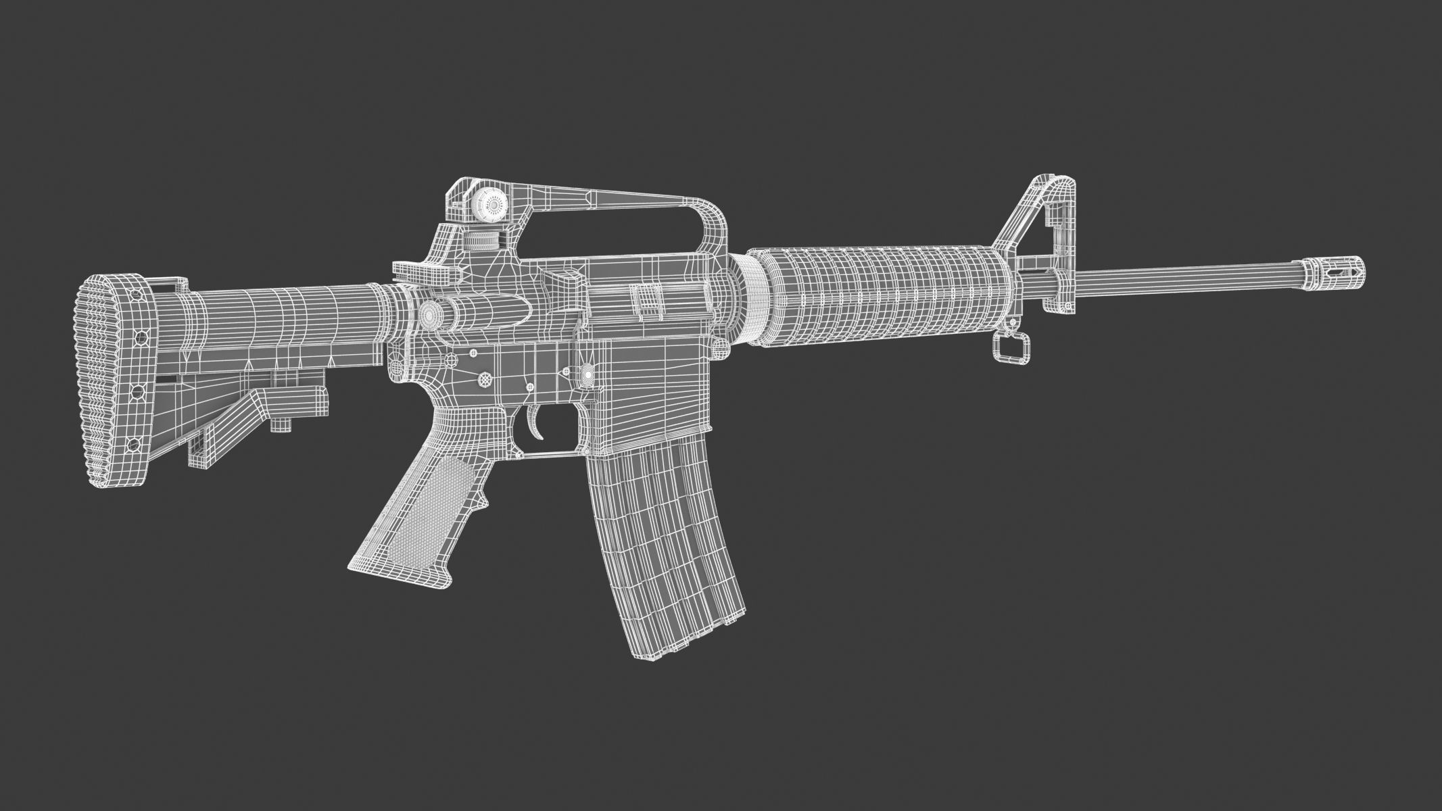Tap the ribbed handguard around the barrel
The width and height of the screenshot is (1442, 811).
click(x=879, y=297)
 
